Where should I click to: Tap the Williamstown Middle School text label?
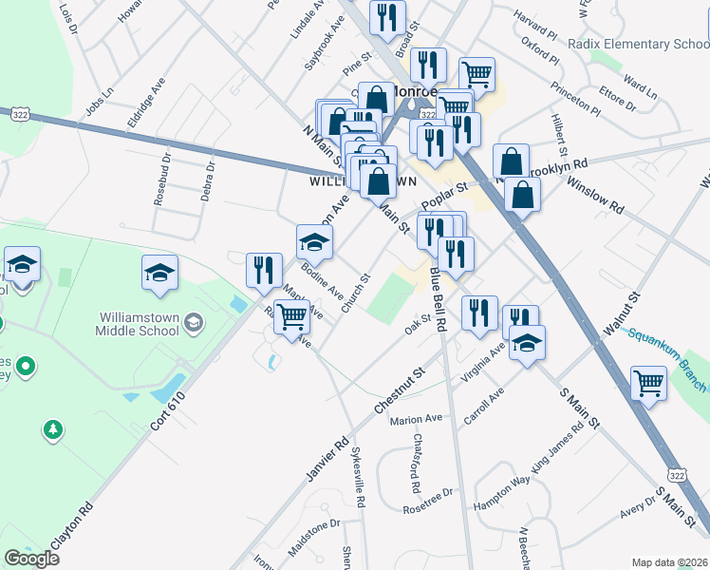138,324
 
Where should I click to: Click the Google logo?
31,559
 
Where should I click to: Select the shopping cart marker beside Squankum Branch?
648,383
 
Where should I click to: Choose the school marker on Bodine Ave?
314,243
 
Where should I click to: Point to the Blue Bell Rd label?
439,298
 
